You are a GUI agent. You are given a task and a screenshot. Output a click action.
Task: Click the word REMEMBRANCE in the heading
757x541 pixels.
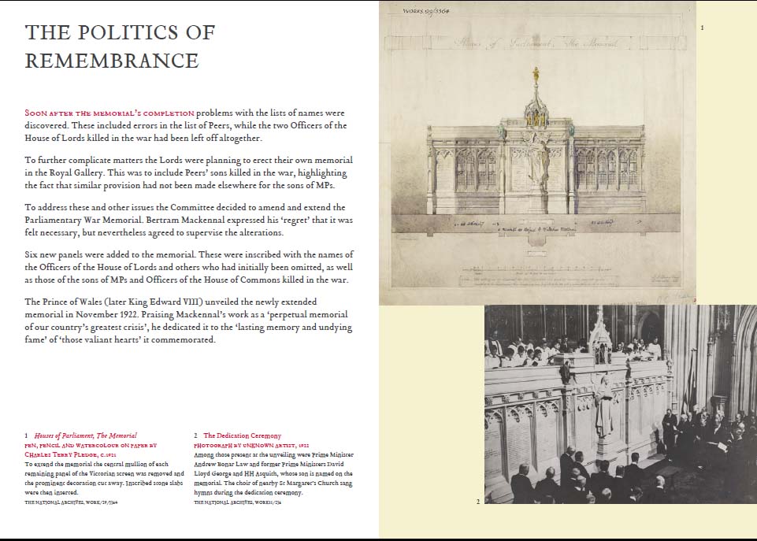112,61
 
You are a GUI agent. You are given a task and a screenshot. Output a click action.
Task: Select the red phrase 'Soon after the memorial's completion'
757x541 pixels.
109,113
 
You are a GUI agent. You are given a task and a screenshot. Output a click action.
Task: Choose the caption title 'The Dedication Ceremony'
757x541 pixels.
242,435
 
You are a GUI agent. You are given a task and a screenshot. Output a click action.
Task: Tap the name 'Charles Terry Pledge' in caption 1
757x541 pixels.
54,454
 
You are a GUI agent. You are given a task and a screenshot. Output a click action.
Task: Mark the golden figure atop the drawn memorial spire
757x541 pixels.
536,75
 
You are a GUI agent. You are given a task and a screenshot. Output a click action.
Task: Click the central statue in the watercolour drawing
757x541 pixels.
537,157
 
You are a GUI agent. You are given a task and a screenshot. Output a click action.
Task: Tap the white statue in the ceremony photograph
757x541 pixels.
604,406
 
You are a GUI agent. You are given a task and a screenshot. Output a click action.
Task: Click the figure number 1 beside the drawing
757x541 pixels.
702,28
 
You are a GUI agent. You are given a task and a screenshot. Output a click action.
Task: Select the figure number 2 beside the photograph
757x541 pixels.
477,501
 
